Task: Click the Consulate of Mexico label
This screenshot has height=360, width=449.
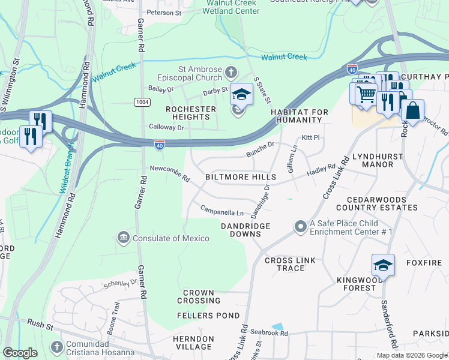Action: click(171, 238)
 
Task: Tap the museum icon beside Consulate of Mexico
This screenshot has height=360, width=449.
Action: click(124, 238)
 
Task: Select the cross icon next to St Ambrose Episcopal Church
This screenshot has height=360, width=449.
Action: click(231, 74)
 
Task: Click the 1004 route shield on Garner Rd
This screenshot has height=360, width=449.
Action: click(142, 102)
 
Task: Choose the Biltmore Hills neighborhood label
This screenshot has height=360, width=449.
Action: click(240, 177)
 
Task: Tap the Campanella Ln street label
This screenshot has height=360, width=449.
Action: click(221, 212)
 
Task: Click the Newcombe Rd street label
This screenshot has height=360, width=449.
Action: click(170, 173)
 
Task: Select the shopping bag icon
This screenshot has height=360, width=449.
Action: click(412, 110)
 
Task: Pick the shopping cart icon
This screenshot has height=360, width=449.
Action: click(366, 94)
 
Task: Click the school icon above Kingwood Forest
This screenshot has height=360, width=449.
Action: click(383, 265)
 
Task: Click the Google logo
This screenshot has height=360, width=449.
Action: click(20, 353)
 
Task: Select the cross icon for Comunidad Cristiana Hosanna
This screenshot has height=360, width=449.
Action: click(56, 347)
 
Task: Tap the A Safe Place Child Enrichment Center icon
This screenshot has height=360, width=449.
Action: click(300, 227)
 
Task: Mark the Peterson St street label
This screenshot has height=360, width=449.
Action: click(164, 12)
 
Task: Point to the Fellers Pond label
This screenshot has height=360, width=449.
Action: click(208, 316)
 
